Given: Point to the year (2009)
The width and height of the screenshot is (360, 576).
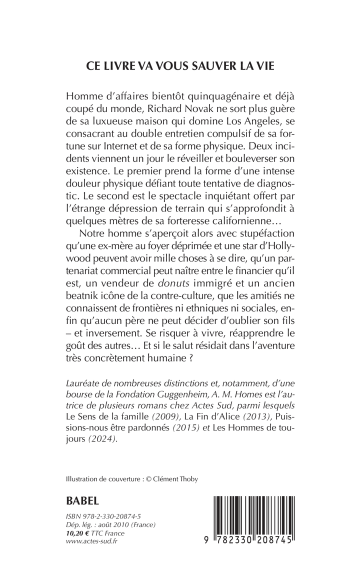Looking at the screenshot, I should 155,415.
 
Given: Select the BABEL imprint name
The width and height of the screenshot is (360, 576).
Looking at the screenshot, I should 82,500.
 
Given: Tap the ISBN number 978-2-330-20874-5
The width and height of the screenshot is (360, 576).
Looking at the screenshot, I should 111,515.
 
